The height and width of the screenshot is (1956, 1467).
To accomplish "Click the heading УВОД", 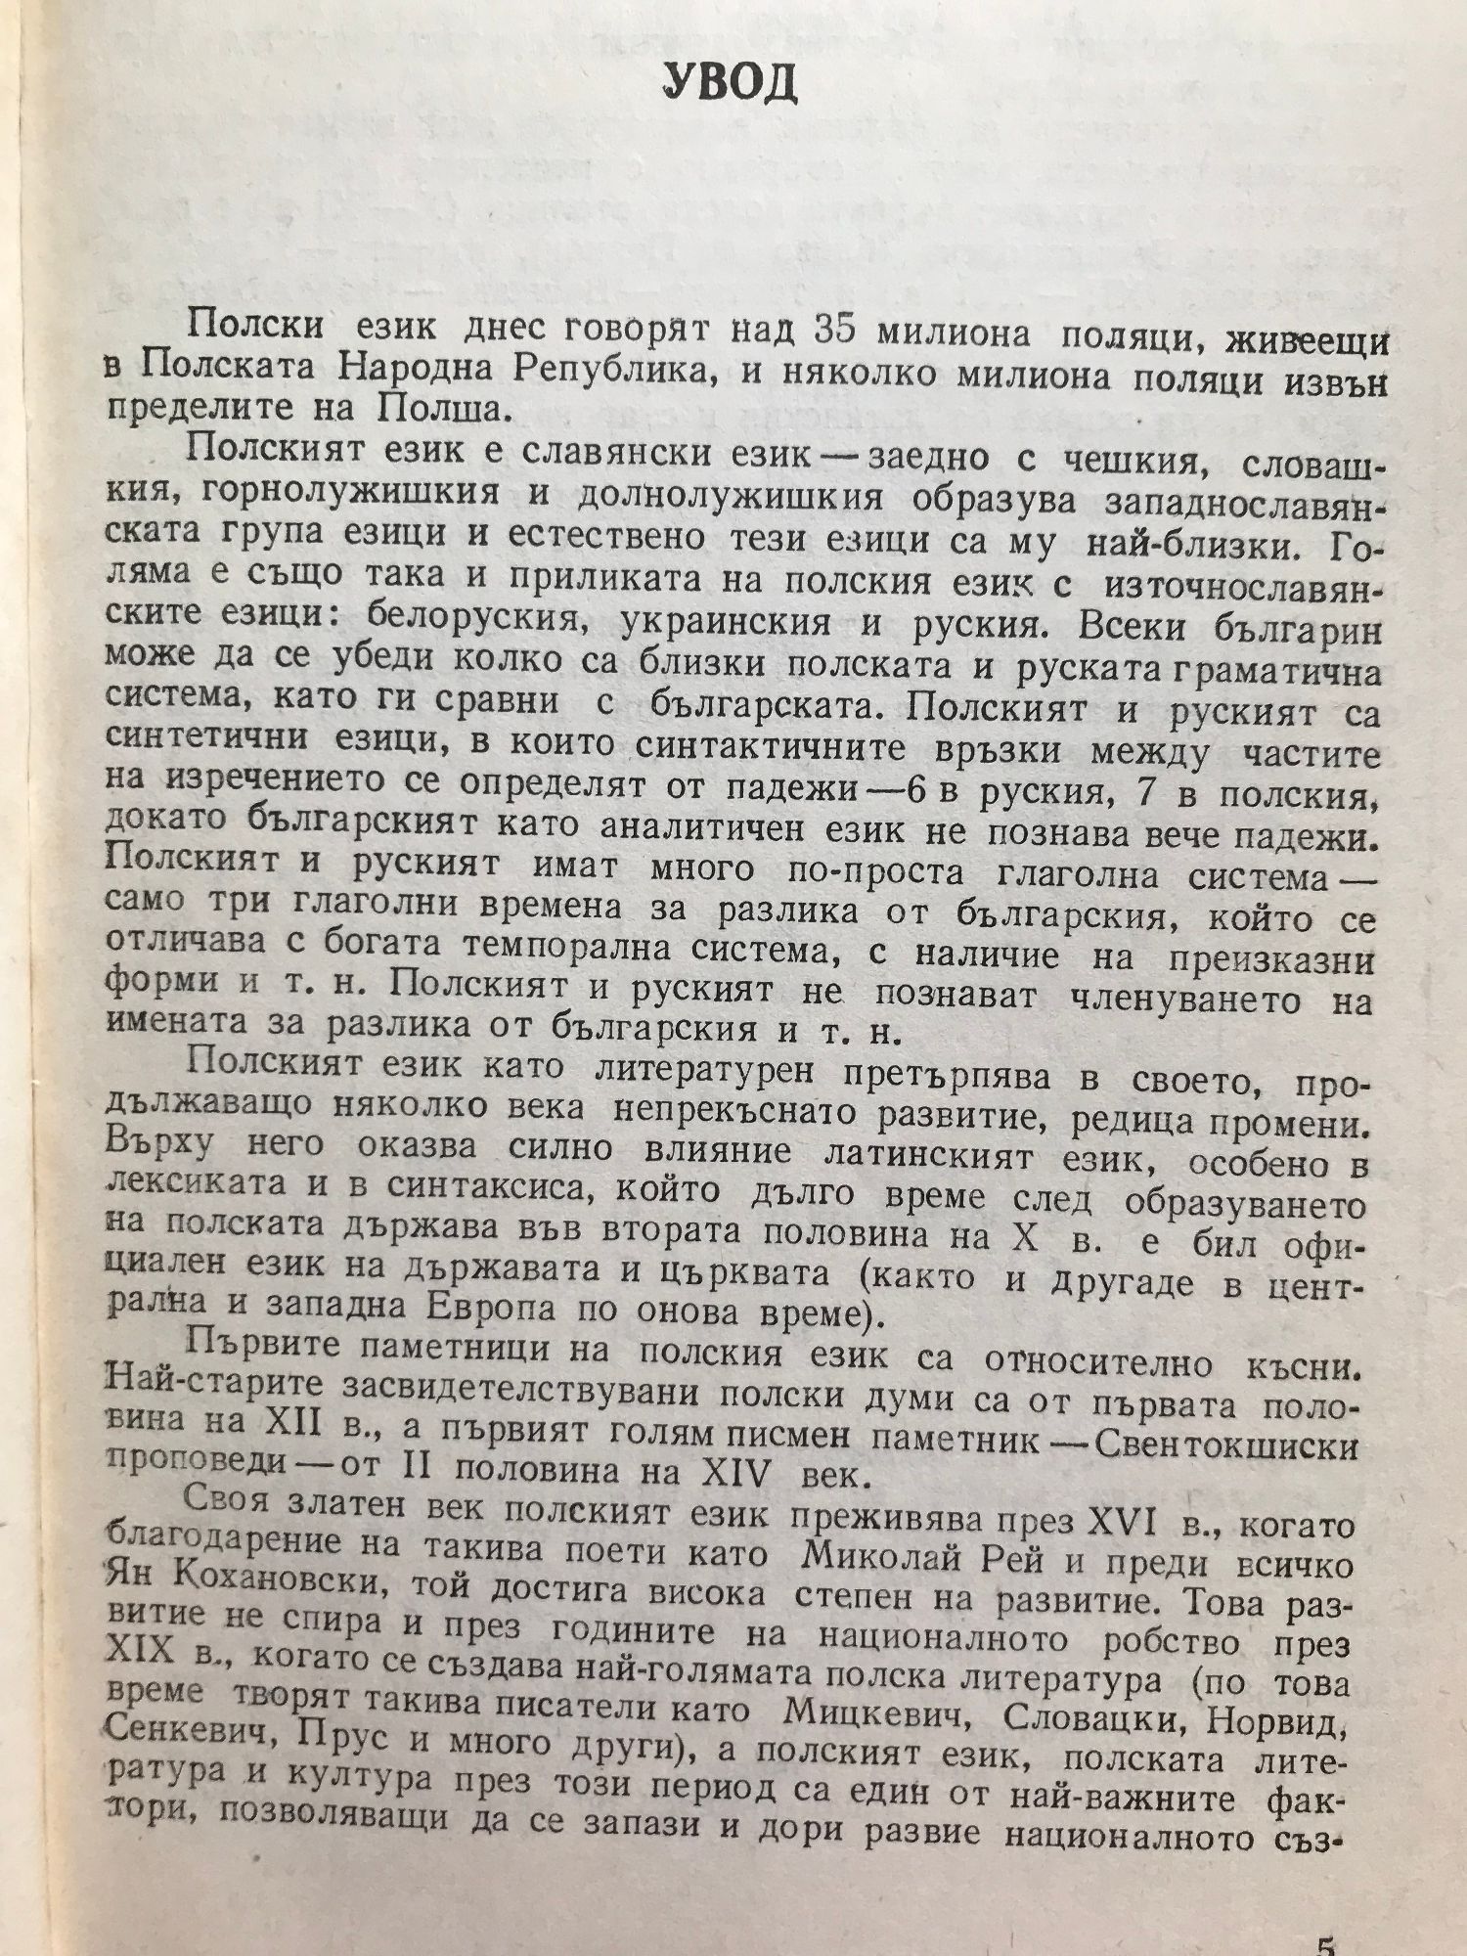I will [731, 85].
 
